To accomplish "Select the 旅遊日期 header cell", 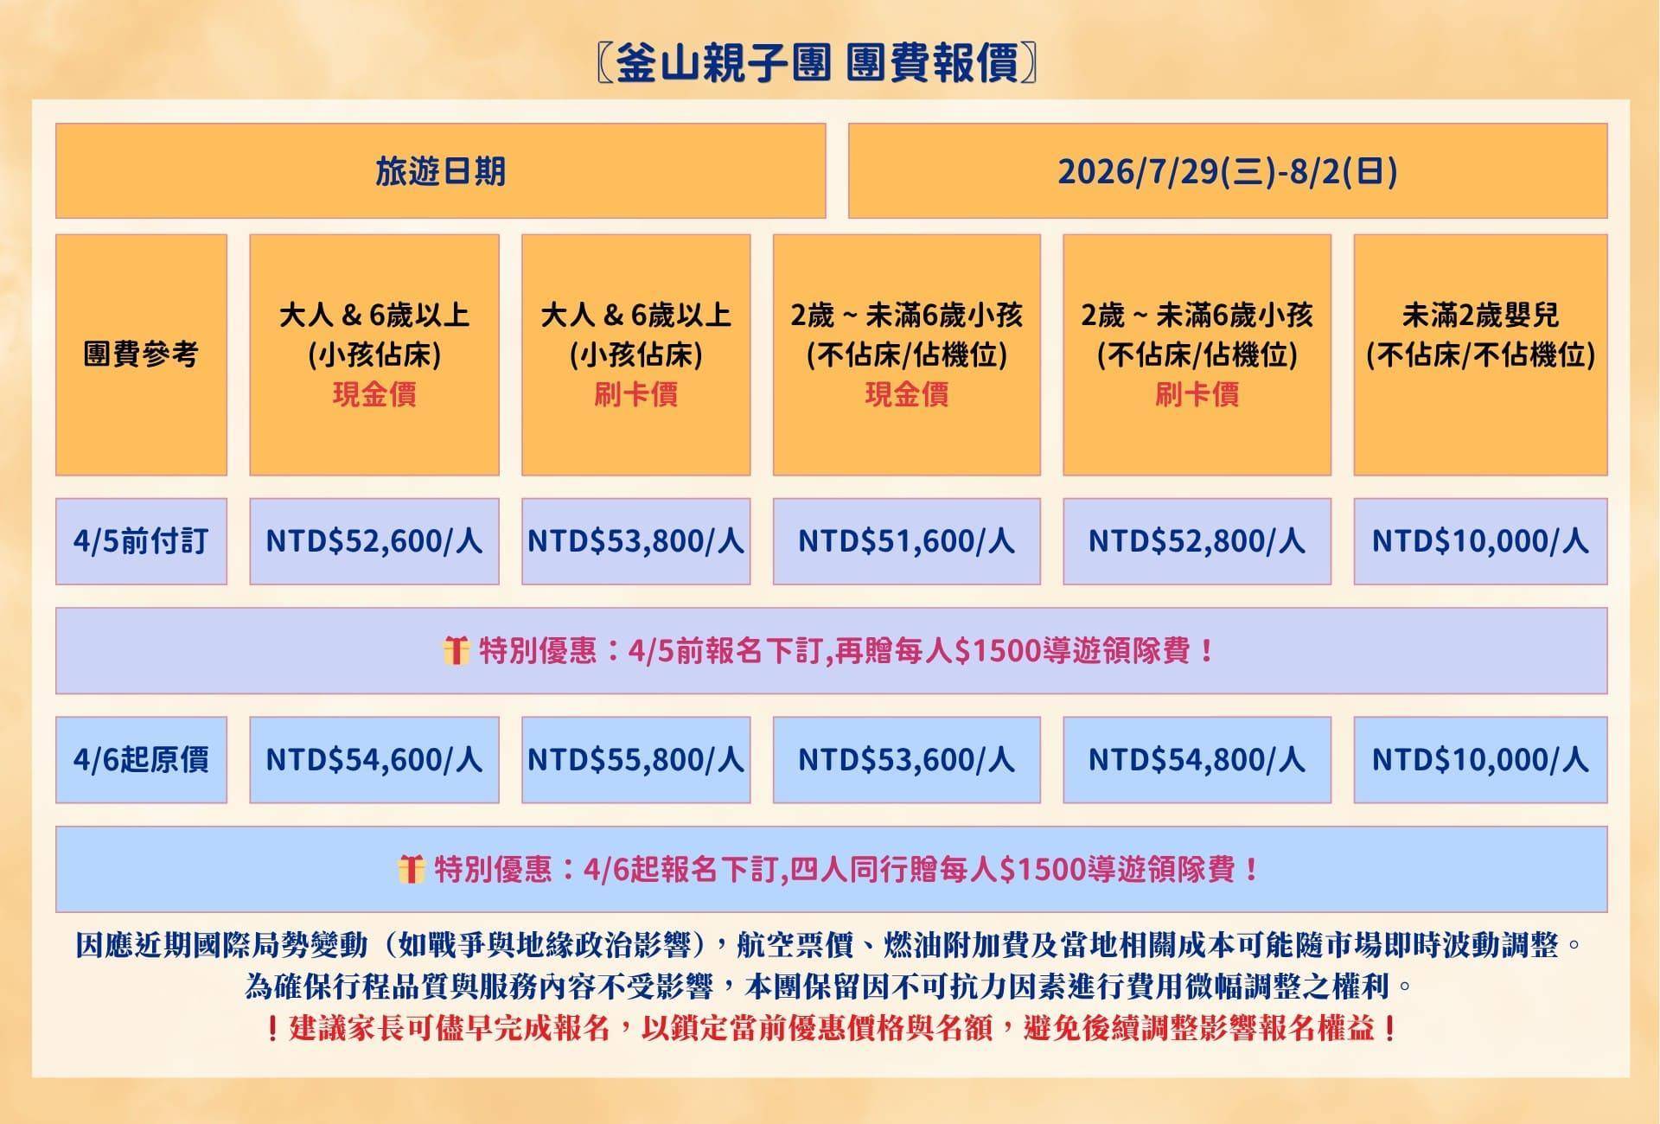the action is [441, 171].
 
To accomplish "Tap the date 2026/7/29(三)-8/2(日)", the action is [1228, 171].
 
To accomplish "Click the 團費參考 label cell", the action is [141, 354].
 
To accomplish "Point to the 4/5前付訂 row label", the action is [141, 541].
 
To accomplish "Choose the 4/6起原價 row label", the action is [141, 760].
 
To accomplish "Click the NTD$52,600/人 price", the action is [374, 541].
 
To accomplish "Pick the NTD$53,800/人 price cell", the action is [636, 541].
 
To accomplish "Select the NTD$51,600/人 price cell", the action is [906, 541].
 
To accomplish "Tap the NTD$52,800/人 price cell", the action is [1197, 541].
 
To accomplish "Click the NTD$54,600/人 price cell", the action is [374, 760].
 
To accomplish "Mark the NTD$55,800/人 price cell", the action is [636, 760].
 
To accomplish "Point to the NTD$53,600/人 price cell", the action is [906, 760].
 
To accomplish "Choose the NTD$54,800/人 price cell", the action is [1197, 760].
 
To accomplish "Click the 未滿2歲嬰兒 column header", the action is [1480, 354].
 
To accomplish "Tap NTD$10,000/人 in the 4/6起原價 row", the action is [1480, 760].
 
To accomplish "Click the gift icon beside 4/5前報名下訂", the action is [456, 650].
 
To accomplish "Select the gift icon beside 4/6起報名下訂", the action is [412, 869].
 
